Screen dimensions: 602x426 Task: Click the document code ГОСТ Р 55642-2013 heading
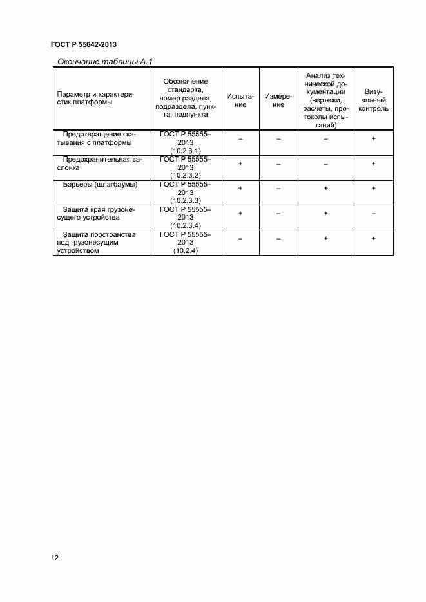[83, 44]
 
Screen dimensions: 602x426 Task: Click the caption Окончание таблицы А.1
[104, 62]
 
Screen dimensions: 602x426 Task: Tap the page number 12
[55, 558]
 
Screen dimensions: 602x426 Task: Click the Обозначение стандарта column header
[186, 98]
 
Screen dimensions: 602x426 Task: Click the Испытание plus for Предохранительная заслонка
[240, 164]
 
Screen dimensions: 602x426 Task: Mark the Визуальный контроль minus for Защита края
[373, 213]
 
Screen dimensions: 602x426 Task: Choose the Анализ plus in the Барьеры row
[326, 188]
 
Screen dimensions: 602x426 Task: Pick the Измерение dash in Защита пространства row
[278, 239]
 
